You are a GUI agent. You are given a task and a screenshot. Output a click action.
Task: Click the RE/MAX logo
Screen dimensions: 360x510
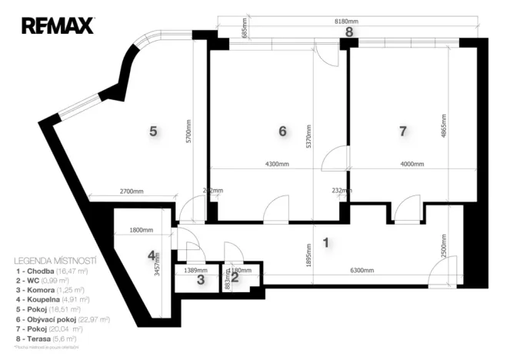pyautogui.click(x=58, y=26)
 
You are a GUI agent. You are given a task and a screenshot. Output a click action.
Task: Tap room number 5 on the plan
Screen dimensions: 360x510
pyautogui.click(x=153, y=132)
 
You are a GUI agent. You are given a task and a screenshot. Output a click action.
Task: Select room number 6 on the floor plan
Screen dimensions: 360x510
pyautogui.click(x=282, y=132)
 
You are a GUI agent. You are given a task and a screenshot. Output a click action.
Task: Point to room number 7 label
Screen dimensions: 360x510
pyautogui.click(x=402, y=132)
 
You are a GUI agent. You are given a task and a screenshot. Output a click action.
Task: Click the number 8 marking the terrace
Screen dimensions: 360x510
pyautogui.click(x=348, y=32)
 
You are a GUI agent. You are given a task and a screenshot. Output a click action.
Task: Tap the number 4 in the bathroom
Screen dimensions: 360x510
pyautogui.click(x=152, y=255)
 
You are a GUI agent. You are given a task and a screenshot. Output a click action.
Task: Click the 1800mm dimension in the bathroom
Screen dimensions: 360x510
pyautogui.click(x=142, y=230)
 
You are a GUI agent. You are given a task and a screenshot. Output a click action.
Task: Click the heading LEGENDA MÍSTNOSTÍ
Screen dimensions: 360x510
pyautogui.click(x=55, y=262)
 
